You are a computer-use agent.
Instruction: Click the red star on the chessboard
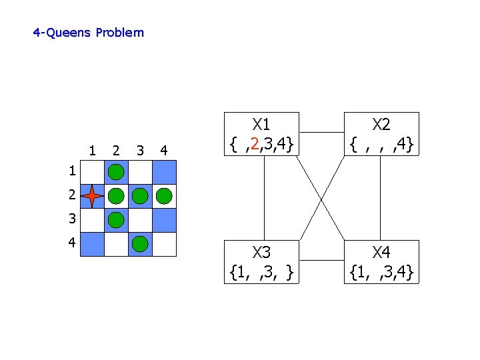tap(92, 196)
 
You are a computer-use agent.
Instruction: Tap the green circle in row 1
tap(116, 172)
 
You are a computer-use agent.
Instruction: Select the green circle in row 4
tap(140, 244)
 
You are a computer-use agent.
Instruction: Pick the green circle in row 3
tap(116, 220)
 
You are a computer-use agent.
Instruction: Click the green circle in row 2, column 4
tap(164, 196)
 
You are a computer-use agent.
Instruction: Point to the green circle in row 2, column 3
tap(140, 196)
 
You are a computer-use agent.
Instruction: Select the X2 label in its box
tap(381, 125)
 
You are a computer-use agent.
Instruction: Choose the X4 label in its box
tap(381, 253)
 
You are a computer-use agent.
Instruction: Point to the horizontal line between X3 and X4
tap(321, 260)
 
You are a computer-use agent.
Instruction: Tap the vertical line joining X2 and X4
tap(381, 197)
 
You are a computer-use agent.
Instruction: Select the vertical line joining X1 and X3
tap(264, 197)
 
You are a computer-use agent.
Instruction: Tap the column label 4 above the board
tap(164, 150)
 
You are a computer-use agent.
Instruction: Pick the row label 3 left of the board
tap(71, 219)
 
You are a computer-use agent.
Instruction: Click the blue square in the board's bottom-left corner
tap(92, 244)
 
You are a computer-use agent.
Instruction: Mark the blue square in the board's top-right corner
tap(164, 172)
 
